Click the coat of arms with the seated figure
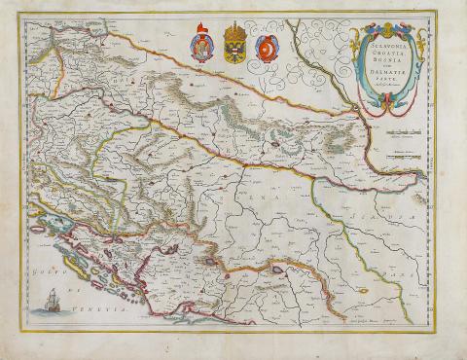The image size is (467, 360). (201, 48)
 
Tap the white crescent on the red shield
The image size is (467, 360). (265, 47)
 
